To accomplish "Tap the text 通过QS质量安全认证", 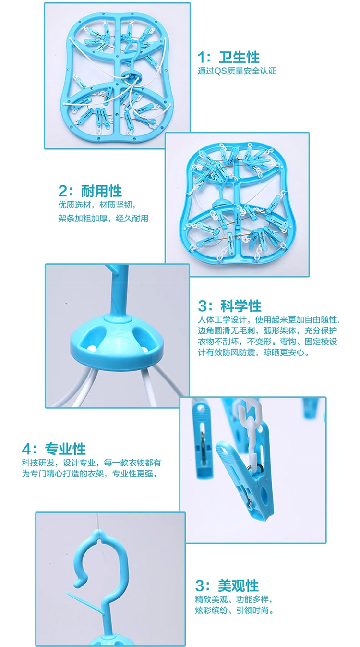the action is (x=237, y=71).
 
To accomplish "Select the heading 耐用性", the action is (x=101, y=191).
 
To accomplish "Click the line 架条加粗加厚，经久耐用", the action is (x=103, y=219).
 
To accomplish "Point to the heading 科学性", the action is (x=241, y=306).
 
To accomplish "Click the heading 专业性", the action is (x=65, y=449).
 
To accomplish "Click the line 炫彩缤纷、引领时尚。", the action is (x=234, y=610).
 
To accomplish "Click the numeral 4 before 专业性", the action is (x=26, y=450).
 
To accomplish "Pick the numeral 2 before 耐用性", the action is (x=63, y=191).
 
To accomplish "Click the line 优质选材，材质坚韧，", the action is (x=97, y=205).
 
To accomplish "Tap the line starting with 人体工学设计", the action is (x=268, y=320).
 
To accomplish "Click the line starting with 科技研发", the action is (x=92, y=463).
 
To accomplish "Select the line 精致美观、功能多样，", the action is (x=234, y=599).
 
